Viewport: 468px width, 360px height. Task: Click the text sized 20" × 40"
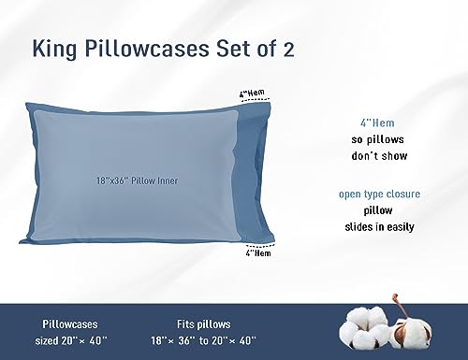(65, 335)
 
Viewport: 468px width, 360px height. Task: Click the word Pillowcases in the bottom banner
(65, 318)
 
